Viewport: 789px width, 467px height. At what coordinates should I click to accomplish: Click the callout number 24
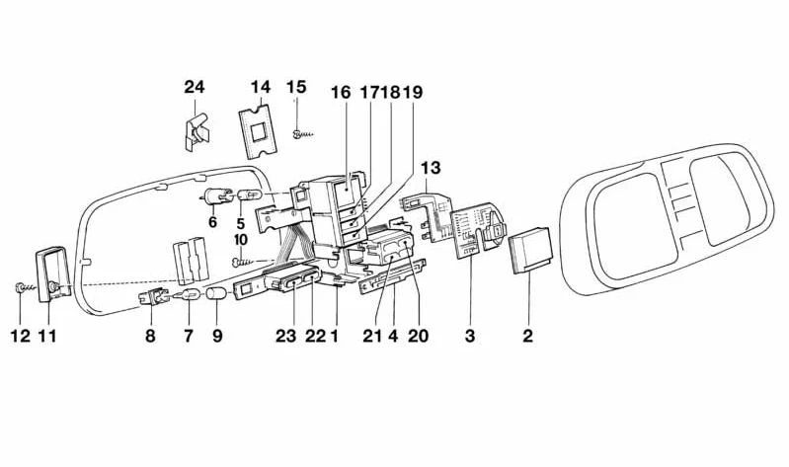(x=195, y=87)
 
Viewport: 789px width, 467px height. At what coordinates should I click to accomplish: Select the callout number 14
(x=261, y=87)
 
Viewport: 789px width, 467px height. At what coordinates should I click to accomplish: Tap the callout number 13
(x=431, y=168)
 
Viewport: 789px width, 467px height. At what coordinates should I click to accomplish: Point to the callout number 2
(x=527, y=336)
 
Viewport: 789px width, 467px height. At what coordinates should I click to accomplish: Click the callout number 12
(x=21, y=336)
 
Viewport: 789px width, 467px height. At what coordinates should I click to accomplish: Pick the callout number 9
(x=217, y=336)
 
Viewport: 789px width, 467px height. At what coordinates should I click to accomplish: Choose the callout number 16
(x=340, y=93)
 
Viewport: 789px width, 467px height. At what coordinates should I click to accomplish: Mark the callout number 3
(x=469, y=336)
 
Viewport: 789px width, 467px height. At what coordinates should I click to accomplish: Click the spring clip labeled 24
(x=197, y=132)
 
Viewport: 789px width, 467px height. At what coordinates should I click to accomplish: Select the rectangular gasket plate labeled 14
(x=258, y=127)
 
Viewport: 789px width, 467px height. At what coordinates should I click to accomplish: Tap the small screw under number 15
(x=302, y=134)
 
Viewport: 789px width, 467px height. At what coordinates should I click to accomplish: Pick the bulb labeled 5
(x=250, y=195)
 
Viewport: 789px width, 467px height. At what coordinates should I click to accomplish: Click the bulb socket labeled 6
(x=218, y=196)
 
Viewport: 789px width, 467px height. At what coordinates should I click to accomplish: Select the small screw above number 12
(x=24, y=288)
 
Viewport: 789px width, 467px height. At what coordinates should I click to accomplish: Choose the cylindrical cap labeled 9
(x=216, y=294)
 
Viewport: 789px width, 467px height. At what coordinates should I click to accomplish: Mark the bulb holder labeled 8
(x=154, y=296)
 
